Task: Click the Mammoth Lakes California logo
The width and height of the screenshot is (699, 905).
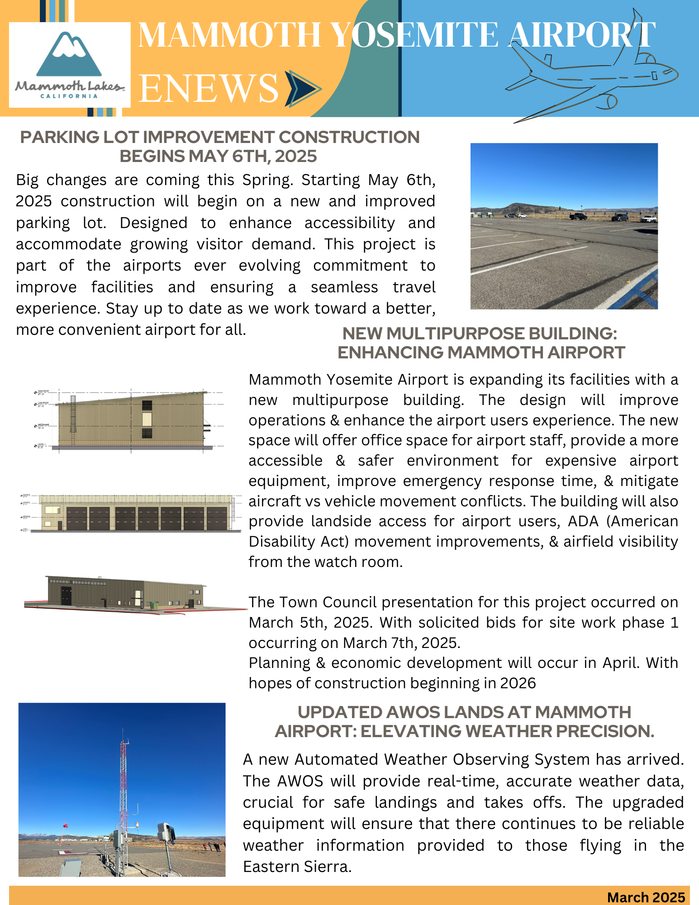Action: coord(70,65)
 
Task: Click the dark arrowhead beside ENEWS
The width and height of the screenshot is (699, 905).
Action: coord(303,88)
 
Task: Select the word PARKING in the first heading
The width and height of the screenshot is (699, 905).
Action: coord(59,137)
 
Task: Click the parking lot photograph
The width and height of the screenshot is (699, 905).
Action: coord(564,226)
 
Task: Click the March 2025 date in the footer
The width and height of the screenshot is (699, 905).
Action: coord(646,897)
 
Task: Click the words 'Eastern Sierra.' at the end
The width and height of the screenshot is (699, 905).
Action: coord(297,867)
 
